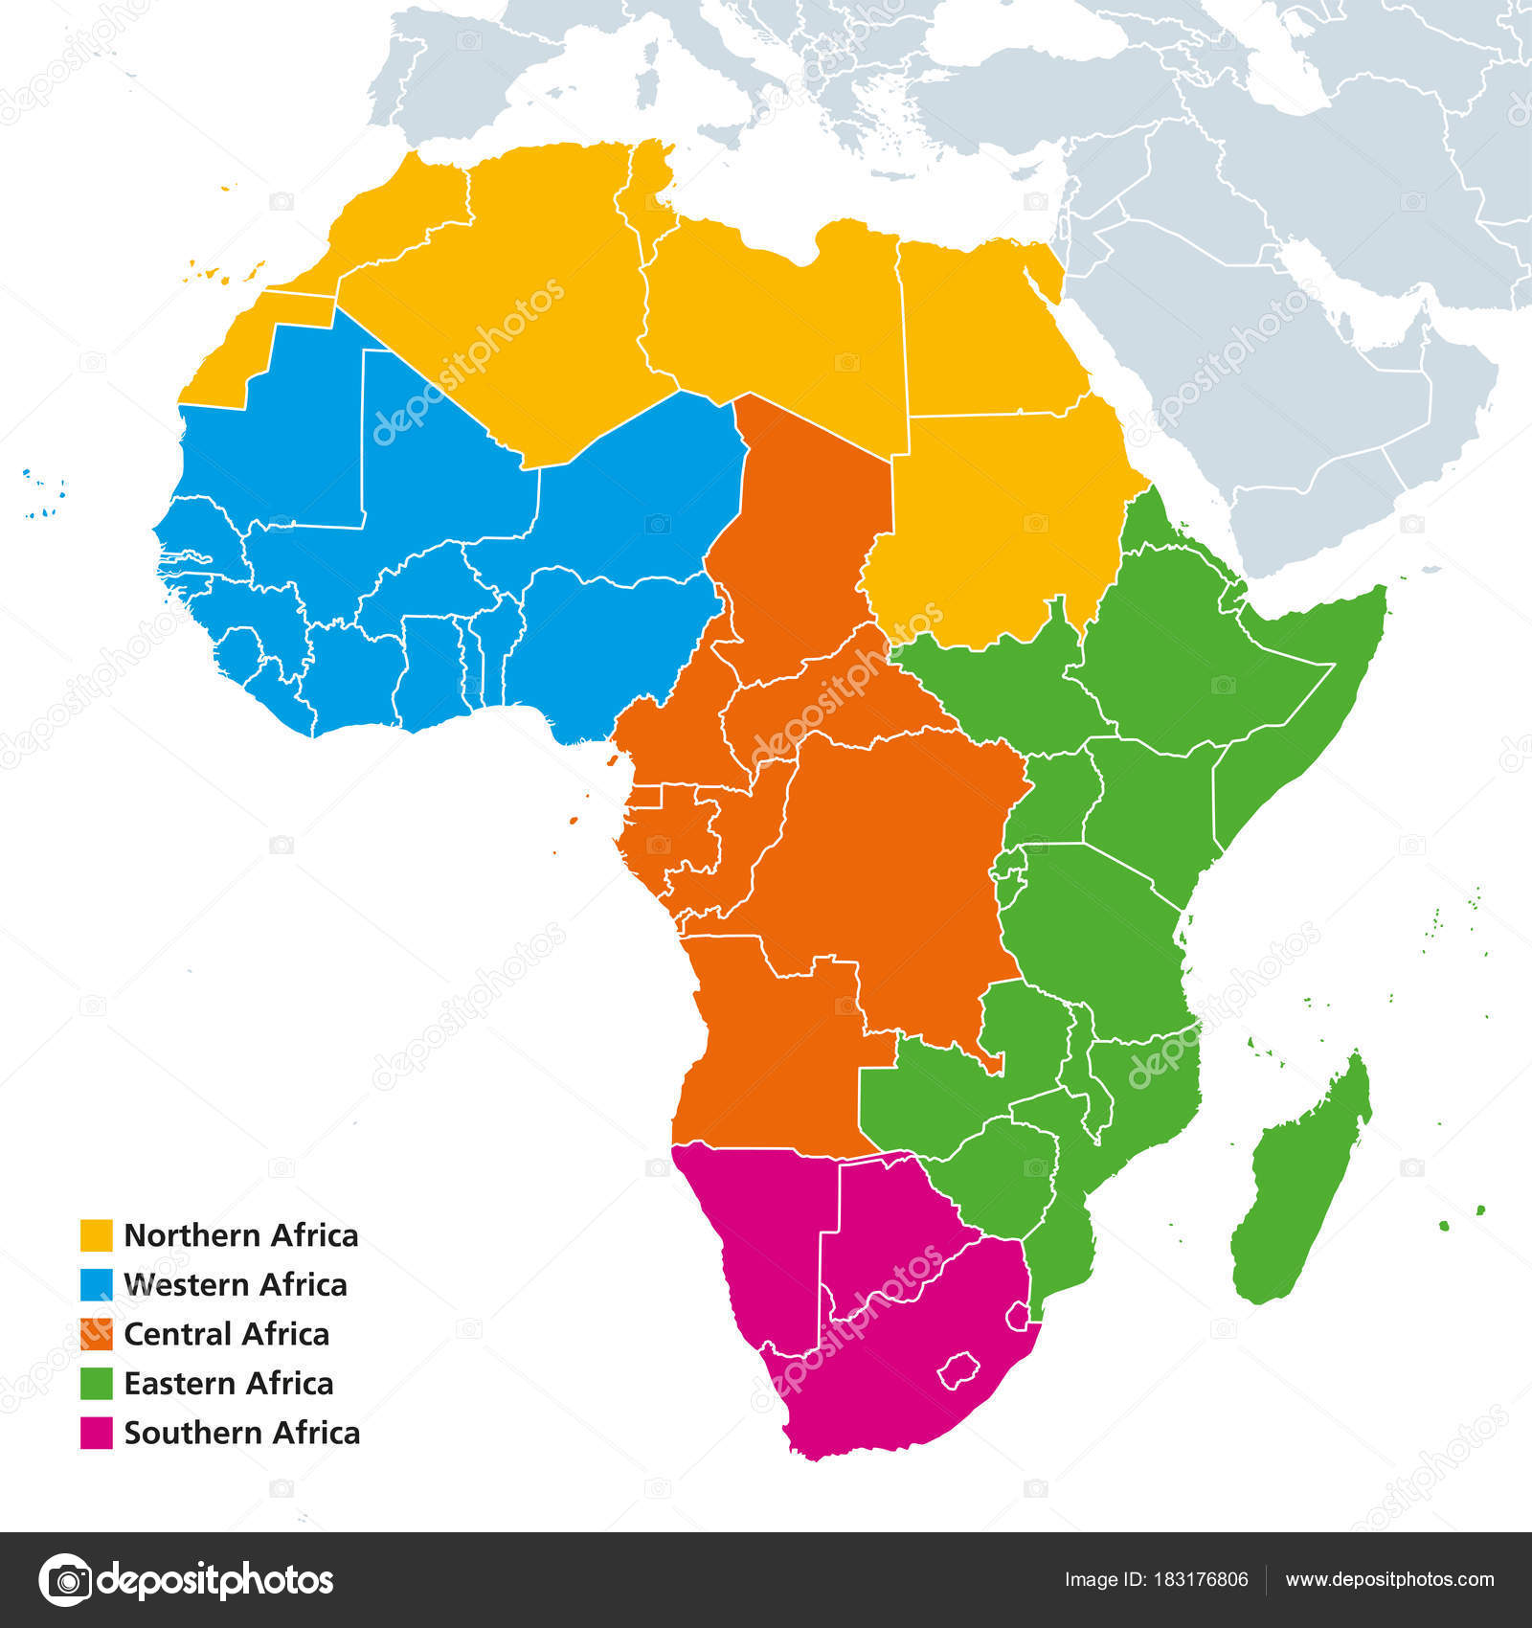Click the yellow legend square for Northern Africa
(96, 1235)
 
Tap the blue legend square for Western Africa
(96, 1285)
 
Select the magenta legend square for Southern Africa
(96, 1433)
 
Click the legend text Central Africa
(227, 1334)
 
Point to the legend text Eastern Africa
(229, 1384)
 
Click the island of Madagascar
(1302, 1187)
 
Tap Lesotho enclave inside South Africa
(960, 1371)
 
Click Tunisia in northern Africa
(647, 192)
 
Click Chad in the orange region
(814, 536)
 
